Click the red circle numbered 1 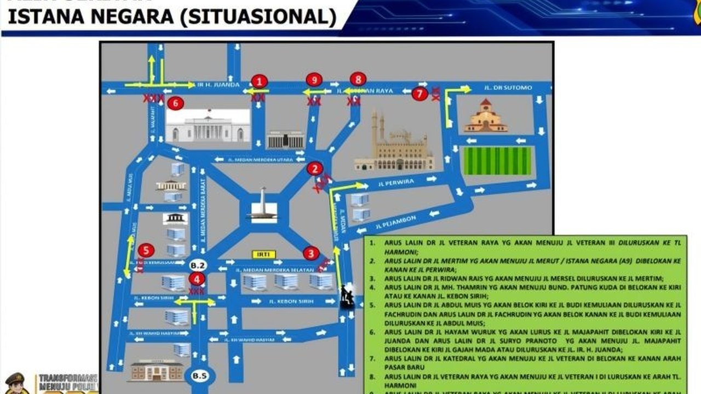click(260, 82)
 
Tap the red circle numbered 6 click(175, 102)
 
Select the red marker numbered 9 click(314, 80)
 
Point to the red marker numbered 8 click(358, 79)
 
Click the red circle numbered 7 click(420, 94)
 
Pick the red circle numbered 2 click(314, 169)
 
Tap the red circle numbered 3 click(311, 253)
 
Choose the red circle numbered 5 click(146, 251)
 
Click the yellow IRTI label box click(263, 254)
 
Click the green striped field click(497, 161)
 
